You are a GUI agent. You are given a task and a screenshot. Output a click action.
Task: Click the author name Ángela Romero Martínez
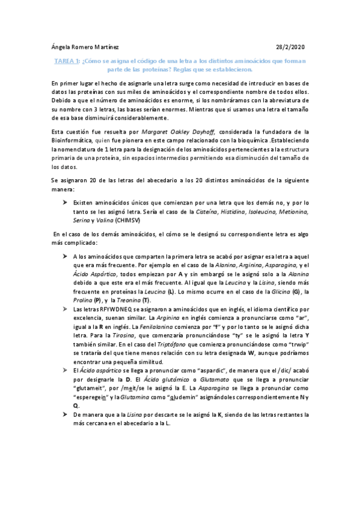85,47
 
